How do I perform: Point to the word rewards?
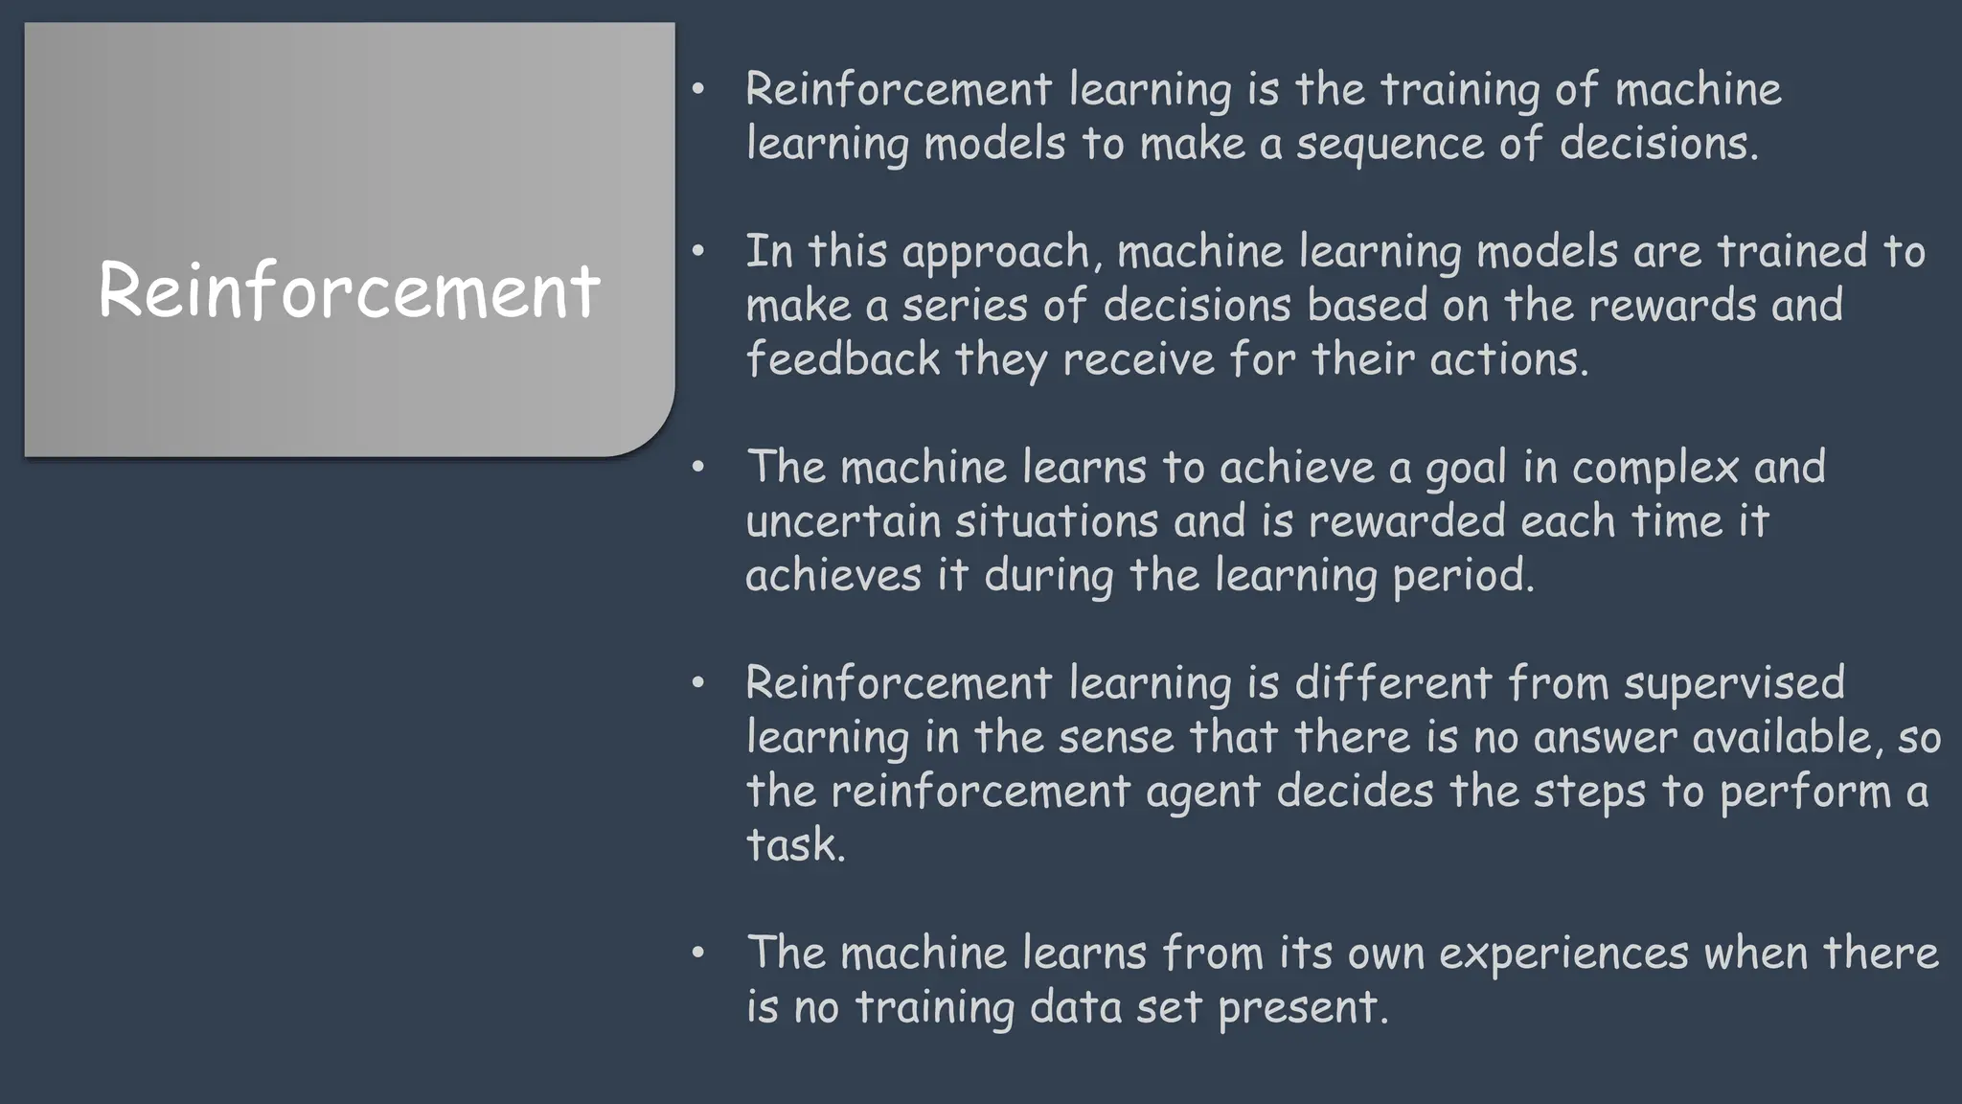click(1673, 305)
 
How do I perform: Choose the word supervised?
click(1734, 683)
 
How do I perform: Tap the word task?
click(795, 845)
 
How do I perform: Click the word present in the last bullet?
click(1302, 1008)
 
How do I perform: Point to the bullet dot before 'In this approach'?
click(697, 251)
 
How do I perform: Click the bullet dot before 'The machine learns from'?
click(697, 953)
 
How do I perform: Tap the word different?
click(1393, 683)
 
